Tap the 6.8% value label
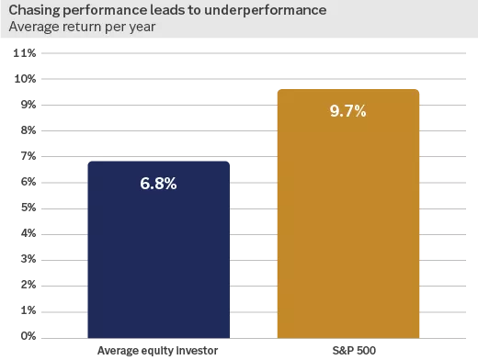click(158, 183)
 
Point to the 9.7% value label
click(347, 112)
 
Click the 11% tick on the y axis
click(25, 53)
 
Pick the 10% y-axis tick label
click(25, 79)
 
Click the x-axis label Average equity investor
click(158, 350)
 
